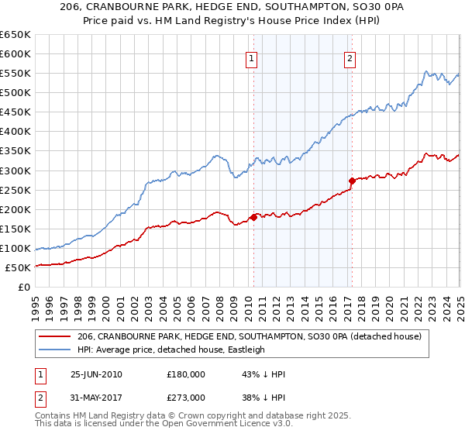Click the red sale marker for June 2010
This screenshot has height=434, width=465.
point(253,217)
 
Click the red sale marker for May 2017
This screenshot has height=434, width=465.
point(351,181)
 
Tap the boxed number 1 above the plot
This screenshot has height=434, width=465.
point(253,57)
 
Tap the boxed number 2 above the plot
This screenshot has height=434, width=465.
point(350,57)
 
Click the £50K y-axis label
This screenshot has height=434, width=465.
point(18,267)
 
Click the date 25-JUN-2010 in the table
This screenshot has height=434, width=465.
point(96,374)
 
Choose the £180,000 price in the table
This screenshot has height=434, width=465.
point(185,374)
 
